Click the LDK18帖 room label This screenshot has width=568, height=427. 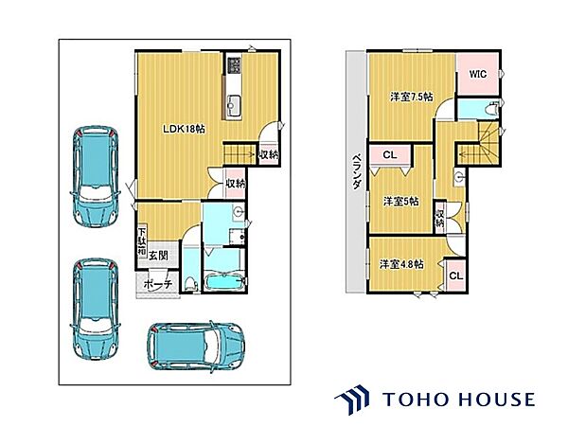pos(184,129)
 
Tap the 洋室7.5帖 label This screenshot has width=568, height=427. pos(412,97)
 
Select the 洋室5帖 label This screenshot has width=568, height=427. pos(401,201)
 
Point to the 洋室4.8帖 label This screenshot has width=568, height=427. pos(401,264)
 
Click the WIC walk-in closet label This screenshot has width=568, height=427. pos(478,74)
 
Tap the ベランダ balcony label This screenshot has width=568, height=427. pos(357,171)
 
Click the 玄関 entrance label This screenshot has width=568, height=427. pos(158,256)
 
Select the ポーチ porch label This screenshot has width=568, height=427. pos(157,284)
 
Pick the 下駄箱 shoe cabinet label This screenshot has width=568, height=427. pos(141,241)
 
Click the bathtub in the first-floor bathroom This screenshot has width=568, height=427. pos(225,282)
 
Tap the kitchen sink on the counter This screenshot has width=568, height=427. pos(233,101)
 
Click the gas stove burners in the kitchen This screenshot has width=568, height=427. pos(234,65)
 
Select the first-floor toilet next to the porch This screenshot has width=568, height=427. pos(190,283)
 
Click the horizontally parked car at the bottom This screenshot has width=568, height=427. pos(196,346)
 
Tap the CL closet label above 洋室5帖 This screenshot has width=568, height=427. pos(390,155)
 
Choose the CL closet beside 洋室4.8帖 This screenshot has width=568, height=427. pos(456,276)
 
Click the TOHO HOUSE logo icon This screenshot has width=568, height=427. pos(352,400)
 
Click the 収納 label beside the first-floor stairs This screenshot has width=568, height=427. pos(269,155)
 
